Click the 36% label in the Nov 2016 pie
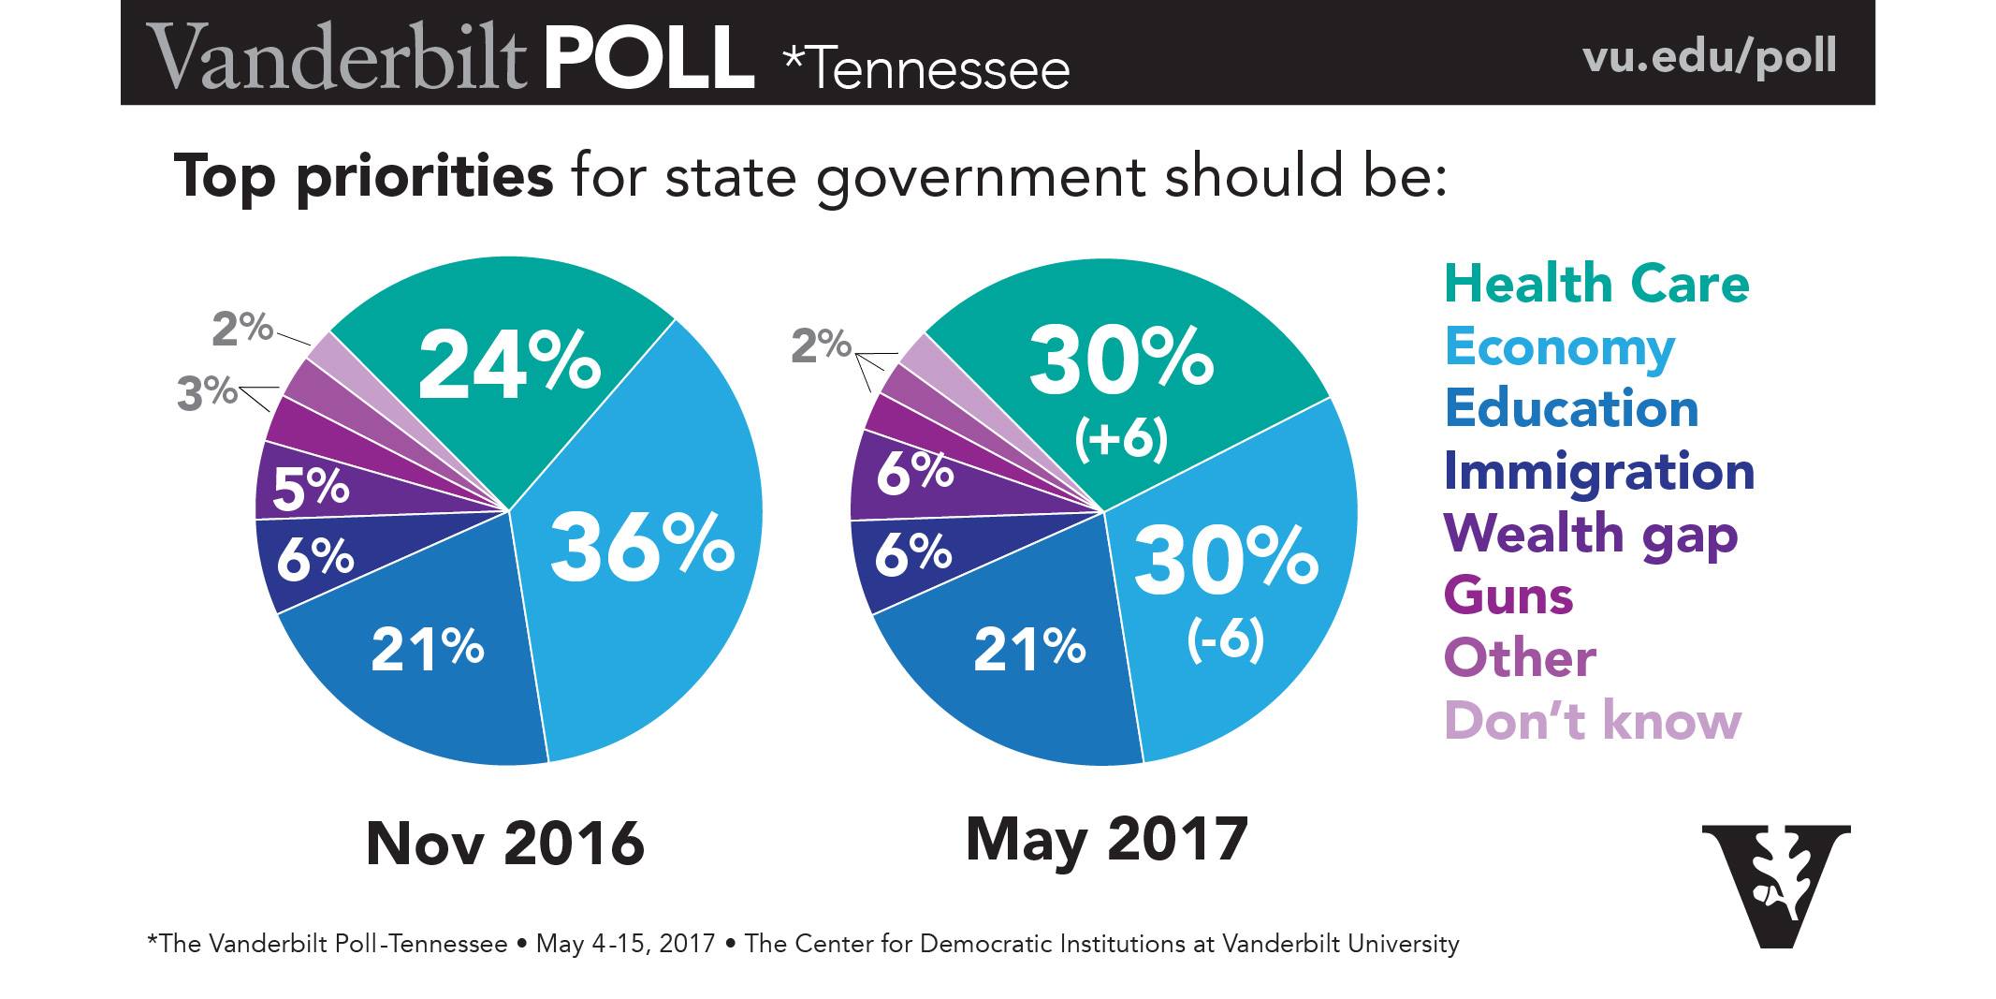click(642, 547)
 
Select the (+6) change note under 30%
click(1121, 438)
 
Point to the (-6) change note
click(1226, 640)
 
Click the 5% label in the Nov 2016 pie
click(311, 488)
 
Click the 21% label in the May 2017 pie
click(1029, 648)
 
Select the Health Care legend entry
click(1595, 284)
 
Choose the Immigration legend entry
click(1598, 471)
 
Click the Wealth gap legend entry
click(1590, 534)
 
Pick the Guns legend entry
click(1508, 595)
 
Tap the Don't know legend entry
click(1592, 721)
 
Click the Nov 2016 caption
click(505, 843)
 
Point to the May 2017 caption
click(1106, 839)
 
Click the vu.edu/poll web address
click(1709, 55)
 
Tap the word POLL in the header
click(648, 57)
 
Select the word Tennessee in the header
click(936, 69)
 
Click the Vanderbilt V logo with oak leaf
click(1775, 884)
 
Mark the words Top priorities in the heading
click(363, 176)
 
